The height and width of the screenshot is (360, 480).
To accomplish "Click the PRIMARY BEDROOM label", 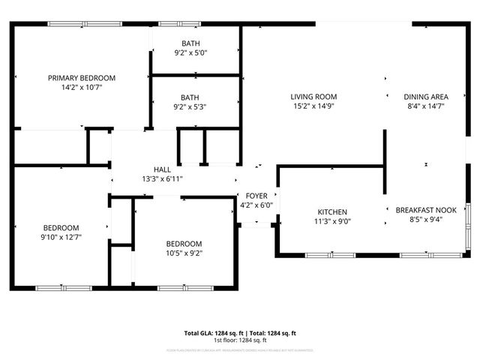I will pos(82,78).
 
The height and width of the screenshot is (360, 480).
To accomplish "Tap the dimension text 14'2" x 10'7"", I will pos(82,88).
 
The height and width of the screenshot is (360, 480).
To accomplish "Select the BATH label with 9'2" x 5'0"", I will pos(190,43).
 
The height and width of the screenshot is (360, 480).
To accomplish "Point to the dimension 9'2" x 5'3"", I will pos(190,107).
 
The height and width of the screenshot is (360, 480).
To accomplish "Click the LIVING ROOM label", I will pos(313,97).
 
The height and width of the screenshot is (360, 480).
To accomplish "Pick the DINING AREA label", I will pos(425,97).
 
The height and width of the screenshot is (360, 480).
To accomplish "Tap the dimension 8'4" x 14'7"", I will pos(425,106).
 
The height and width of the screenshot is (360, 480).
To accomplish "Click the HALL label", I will pos(162,169).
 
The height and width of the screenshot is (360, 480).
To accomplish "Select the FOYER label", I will pos(256,196).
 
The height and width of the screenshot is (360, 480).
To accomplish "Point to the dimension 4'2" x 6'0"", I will pos(256,205).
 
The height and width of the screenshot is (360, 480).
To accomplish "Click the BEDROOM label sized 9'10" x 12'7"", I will pos(61,228).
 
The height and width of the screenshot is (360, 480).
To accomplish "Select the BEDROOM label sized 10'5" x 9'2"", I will pos(184,244).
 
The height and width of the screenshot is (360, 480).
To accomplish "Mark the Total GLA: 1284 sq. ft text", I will pos(213,333).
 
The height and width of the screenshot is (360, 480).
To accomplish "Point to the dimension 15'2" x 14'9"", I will pos(313,106).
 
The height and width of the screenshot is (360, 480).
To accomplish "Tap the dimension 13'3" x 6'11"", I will pos(162,179).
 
